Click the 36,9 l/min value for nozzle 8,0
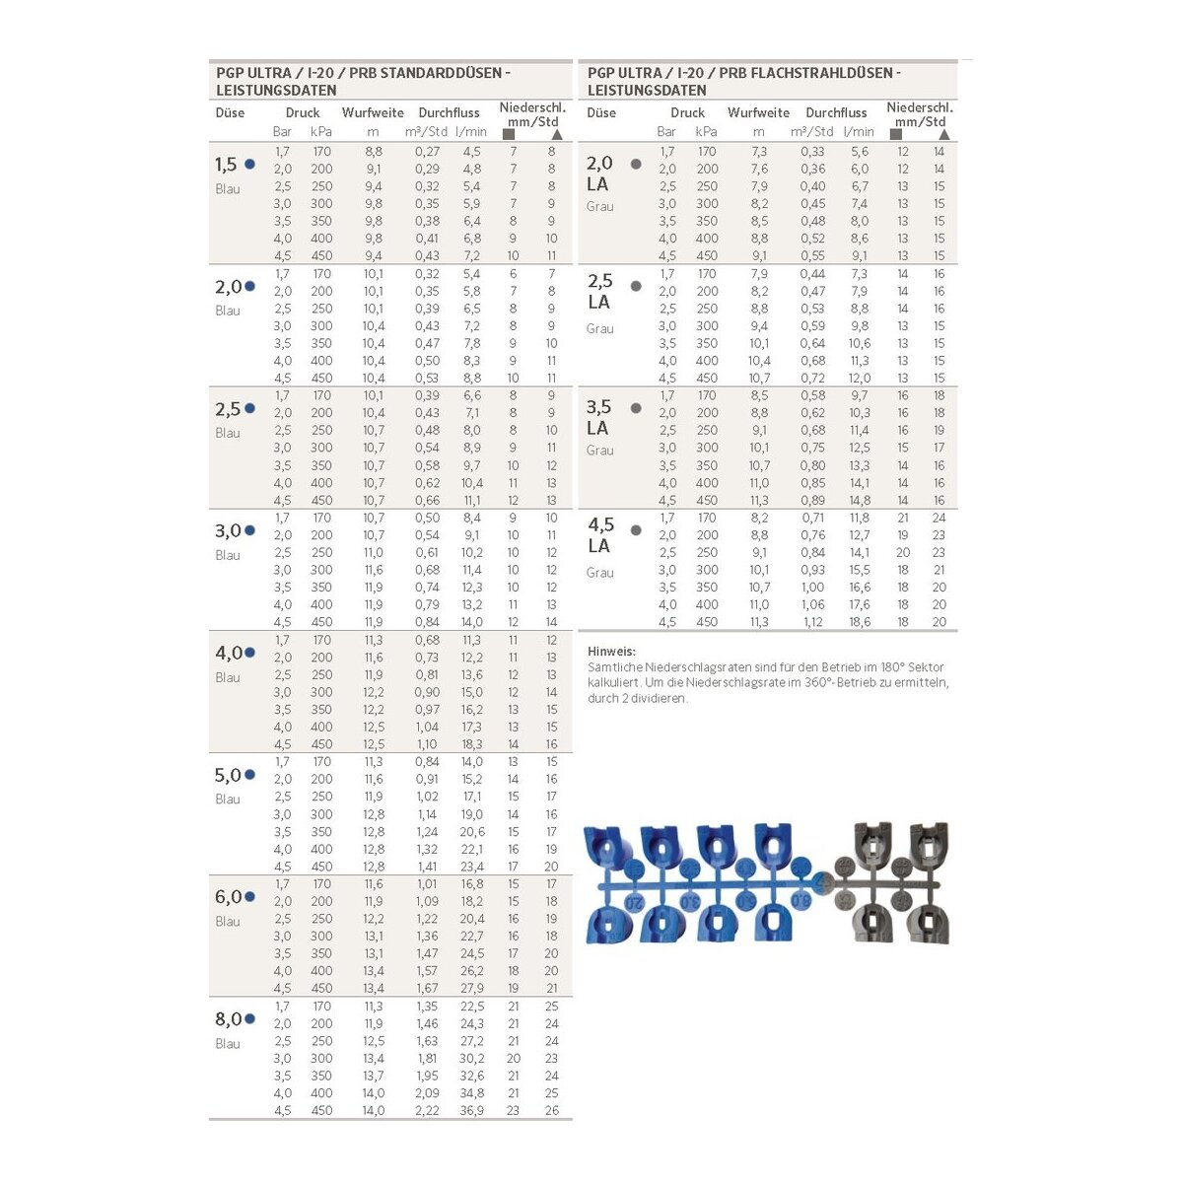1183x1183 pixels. point(471,1110)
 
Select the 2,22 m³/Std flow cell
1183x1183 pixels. point(427,1110)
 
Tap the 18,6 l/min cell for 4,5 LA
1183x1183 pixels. point(859,622)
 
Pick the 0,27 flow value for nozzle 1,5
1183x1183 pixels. point(427,152)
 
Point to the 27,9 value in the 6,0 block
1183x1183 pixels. point(471,988)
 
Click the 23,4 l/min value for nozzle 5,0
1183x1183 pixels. point(471,867)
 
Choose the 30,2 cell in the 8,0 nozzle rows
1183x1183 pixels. point(471,1058)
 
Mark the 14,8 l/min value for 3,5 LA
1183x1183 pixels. point(859,500)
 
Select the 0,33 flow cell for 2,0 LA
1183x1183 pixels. point(812,152)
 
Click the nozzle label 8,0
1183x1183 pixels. point(228,1018)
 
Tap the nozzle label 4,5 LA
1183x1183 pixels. point(600,534)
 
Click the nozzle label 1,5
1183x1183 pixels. point(226,165)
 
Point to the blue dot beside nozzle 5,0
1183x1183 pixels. point(249,775)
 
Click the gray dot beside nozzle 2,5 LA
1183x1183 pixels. point(636,287)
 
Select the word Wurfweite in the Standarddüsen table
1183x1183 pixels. point(373,112)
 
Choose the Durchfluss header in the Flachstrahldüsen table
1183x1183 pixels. point(836,112)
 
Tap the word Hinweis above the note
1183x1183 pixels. point(611,652)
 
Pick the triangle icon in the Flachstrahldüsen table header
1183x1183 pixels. point(943,134)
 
